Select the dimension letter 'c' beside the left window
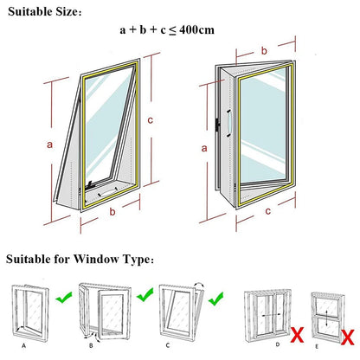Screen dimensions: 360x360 (x=151, y=119)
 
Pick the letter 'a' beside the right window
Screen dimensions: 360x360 (x=204, y=148)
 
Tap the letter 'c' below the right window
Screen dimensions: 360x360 (x=269, y=209)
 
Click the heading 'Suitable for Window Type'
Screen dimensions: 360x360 (x=80, y=259)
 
